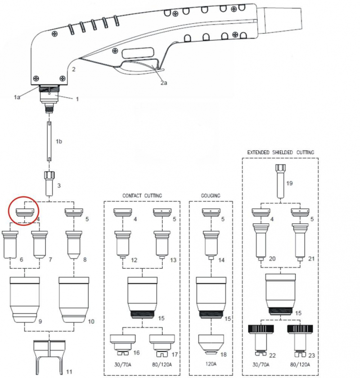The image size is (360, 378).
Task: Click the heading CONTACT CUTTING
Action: pos(142,196)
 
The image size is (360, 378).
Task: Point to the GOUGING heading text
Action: pos(210,196)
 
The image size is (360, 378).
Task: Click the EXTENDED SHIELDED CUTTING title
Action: pos(280,153)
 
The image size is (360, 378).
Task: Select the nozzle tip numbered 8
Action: pos(74,246)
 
